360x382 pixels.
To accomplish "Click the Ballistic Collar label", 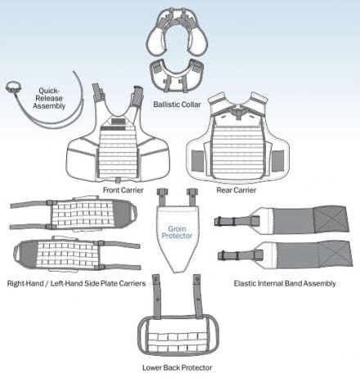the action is (x=177, y=105).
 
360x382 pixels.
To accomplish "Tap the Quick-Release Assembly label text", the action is (x=49, y=98).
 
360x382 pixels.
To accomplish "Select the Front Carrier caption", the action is (x=123, y=190).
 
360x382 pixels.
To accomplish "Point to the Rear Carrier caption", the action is (x=236, y=190).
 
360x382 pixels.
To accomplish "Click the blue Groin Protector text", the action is (x=177, y=232).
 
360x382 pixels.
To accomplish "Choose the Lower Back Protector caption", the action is (x=177, y=367).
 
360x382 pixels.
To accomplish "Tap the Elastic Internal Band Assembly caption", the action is (x=285, y=284).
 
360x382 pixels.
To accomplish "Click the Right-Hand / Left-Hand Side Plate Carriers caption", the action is (x=76, y=284).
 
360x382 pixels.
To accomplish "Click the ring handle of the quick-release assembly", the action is (x=13, y=87).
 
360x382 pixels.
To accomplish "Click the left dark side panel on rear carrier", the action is (x=198, y=161).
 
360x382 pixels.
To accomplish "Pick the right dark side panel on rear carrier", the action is (x=277, y=161).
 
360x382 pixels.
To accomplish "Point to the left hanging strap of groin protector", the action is (x=161, y=197).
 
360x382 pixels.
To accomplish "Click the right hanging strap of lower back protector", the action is (x=198, y=296).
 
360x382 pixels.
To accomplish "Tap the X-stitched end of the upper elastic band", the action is (x=331, y=219).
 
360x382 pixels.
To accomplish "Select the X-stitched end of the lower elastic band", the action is (x=335, y=254).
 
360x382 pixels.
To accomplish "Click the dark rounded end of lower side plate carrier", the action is (x=26, y=254).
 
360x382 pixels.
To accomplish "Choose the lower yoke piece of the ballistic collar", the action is (x=178, y=74).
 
